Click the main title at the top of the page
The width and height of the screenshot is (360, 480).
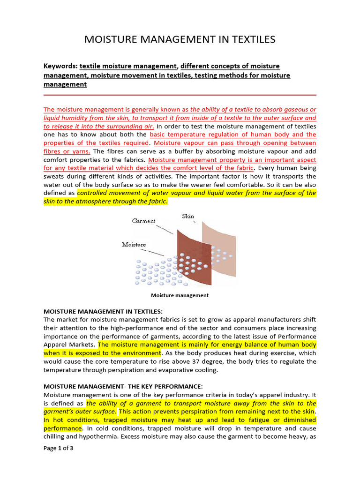click(x=180, y=39)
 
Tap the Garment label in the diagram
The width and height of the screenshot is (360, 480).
click(x=143, y=221)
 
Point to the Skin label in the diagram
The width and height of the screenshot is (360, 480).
click(x=188, y=216)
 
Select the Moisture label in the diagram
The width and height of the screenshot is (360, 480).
click(x=134, y=244)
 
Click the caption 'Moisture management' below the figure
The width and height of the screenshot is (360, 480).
click(x=180, y=295)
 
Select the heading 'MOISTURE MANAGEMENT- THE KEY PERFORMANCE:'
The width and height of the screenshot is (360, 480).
click(x=123, y=386)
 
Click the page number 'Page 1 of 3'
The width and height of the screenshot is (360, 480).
click(x=58, y=449)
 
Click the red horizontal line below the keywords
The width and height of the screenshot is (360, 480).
click(x=180, y=95)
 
